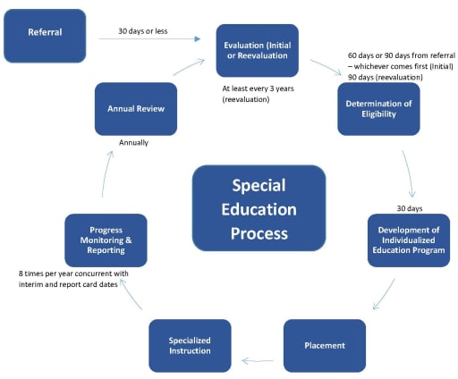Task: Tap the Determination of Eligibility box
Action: coord(378,108)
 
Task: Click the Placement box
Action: coord(324,345)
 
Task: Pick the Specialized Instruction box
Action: coord(190,345)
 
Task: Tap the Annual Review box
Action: coord(136,108)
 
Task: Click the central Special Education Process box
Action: coord(259,208)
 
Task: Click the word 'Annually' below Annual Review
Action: coord(133,142)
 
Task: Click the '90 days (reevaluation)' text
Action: coord(385,77)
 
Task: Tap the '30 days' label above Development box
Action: coord(410,208)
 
